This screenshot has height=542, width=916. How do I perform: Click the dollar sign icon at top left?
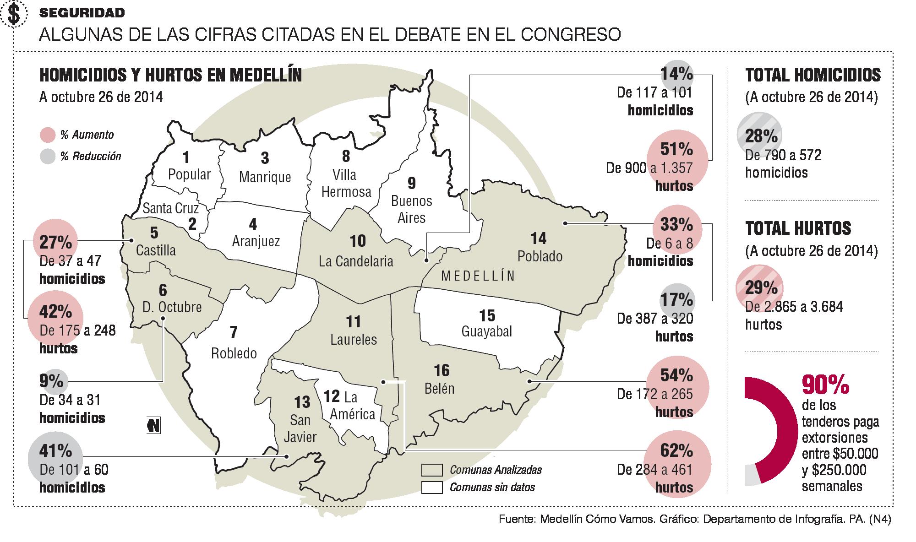click(15, 15)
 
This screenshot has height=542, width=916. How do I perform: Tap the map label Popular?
click(189, 174)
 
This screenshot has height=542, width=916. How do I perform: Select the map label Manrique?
click(265, 177)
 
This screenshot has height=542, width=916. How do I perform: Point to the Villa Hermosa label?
click(346, 183)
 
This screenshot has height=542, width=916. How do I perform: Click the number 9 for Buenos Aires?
click(412, 183)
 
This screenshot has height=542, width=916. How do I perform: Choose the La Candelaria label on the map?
click(356, 261)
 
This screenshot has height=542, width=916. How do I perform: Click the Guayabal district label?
click(486, 331)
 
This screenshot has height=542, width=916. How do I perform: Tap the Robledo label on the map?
click(234, 353)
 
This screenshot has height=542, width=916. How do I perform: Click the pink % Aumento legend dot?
click(48, 135)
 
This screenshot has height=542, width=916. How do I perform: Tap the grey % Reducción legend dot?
click(48, 157)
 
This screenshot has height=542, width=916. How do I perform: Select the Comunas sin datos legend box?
click(431, 487)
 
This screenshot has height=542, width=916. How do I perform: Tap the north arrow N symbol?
click(154, 426)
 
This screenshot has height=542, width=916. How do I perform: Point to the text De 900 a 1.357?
click(649, 168)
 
